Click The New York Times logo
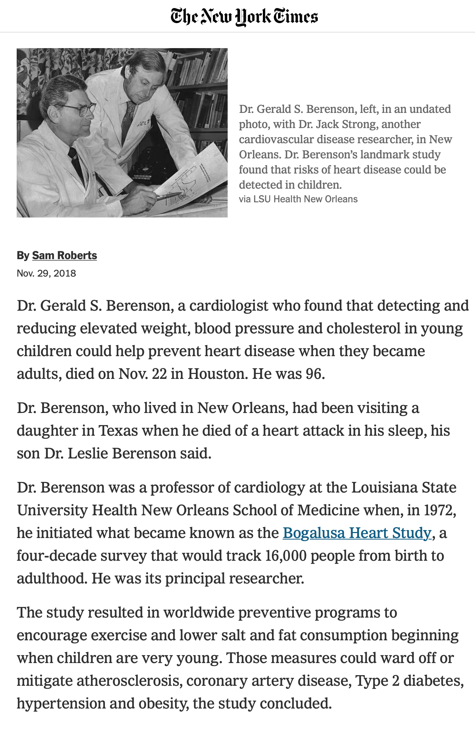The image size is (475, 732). (x=244, y=17)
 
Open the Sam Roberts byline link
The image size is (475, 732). (x=64, y=255)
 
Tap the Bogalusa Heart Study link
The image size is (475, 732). (x=357, y=533)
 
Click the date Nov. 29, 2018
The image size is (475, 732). (x=46, y=273)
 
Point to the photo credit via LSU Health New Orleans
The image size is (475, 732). (x=298, y=199)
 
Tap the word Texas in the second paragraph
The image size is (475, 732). (x=118, y=430)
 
